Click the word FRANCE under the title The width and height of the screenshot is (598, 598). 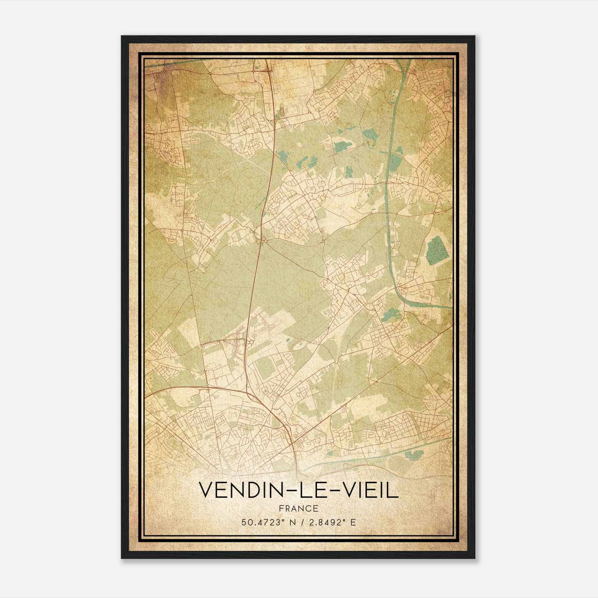pos(298,508)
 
